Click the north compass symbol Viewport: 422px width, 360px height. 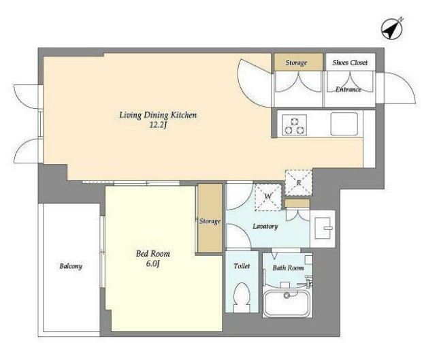pos(392,29)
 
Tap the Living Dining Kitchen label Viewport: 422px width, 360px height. pos(158,115)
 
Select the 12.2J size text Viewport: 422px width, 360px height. pos(158,125)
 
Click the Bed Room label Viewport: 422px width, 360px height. pos(153,254)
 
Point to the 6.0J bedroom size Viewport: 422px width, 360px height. pos(153,263)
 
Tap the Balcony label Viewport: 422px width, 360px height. pos(71,266)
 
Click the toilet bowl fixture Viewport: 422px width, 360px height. pos(242,297)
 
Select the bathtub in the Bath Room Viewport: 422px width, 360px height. pos(287,304)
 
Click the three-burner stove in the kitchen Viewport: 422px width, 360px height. pos(295,125)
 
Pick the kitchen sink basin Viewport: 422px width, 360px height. pos(344,124)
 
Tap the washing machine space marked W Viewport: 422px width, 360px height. pos(268,197)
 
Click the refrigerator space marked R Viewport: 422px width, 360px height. pos(299,182)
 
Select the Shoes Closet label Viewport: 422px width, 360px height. pos(350,63)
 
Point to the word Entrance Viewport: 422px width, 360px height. pos(348,89)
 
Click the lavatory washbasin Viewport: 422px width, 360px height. pos(323,229)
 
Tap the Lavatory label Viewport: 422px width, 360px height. pos(265,227)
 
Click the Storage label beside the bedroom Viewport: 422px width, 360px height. pos(210,221)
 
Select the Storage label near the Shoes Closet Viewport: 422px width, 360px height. pos(296,63)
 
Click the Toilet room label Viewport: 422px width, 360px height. pos(242,266)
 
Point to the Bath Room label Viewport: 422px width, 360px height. pos(288,267)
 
